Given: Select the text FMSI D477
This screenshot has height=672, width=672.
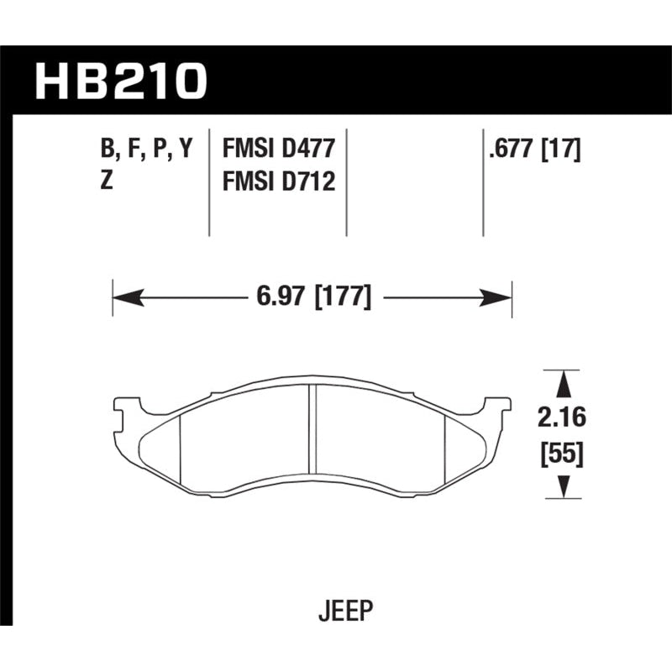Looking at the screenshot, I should coord(279,150).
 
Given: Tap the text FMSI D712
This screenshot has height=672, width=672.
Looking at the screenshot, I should coord(279,181).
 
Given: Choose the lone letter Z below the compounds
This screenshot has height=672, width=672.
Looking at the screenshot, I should coord(107,181).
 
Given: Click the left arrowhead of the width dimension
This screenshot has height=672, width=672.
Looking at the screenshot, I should coord(124,297).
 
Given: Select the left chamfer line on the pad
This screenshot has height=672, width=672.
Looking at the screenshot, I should coord(181,449).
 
